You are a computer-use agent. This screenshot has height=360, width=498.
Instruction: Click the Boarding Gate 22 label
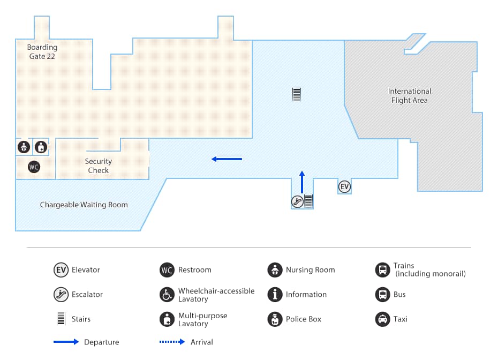tap(42, 51)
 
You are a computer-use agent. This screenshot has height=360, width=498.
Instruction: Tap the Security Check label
tap(99, 166)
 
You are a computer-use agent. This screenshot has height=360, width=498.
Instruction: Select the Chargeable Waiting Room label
tap(84, 205)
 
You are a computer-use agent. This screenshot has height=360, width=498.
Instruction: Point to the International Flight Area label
tap(410, 95)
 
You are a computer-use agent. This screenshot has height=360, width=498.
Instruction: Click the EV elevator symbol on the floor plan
tap(344, 186)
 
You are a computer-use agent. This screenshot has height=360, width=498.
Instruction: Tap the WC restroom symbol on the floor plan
tap(34, 167)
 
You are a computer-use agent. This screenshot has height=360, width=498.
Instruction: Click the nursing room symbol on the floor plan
tap(24, 147)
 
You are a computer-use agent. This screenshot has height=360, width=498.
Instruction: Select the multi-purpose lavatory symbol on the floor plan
tap(41, 147)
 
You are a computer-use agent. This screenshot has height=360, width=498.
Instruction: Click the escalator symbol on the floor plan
tap(297, 201)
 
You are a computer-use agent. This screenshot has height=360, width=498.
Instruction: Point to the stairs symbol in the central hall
tap(297, 95)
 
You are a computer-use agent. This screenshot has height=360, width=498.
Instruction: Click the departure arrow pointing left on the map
tap(227, 159)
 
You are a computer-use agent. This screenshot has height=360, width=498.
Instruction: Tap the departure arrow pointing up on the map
tap(302, 182)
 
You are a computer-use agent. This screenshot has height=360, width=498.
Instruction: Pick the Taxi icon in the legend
tap(382, 319)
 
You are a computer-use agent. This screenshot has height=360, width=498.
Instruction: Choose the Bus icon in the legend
tap(382, 295)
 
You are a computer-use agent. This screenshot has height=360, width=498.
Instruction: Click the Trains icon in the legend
tap(382, 270)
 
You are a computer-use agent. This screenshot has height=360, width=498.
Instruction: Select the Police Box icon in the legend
tap(275, 319)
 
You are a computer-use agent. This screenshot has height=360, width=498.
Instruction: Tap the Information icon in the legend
tap(275, 295)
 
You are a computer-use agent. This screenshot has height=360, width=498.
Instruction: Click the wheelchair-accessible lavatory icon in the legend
tap(167, 295)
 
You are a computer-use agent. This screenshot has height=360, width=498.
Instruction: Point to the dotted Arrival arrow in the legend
tap(172, 342)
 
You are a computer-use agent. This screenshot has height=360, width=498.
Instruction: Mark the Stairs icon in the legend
tap(61, 319)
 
